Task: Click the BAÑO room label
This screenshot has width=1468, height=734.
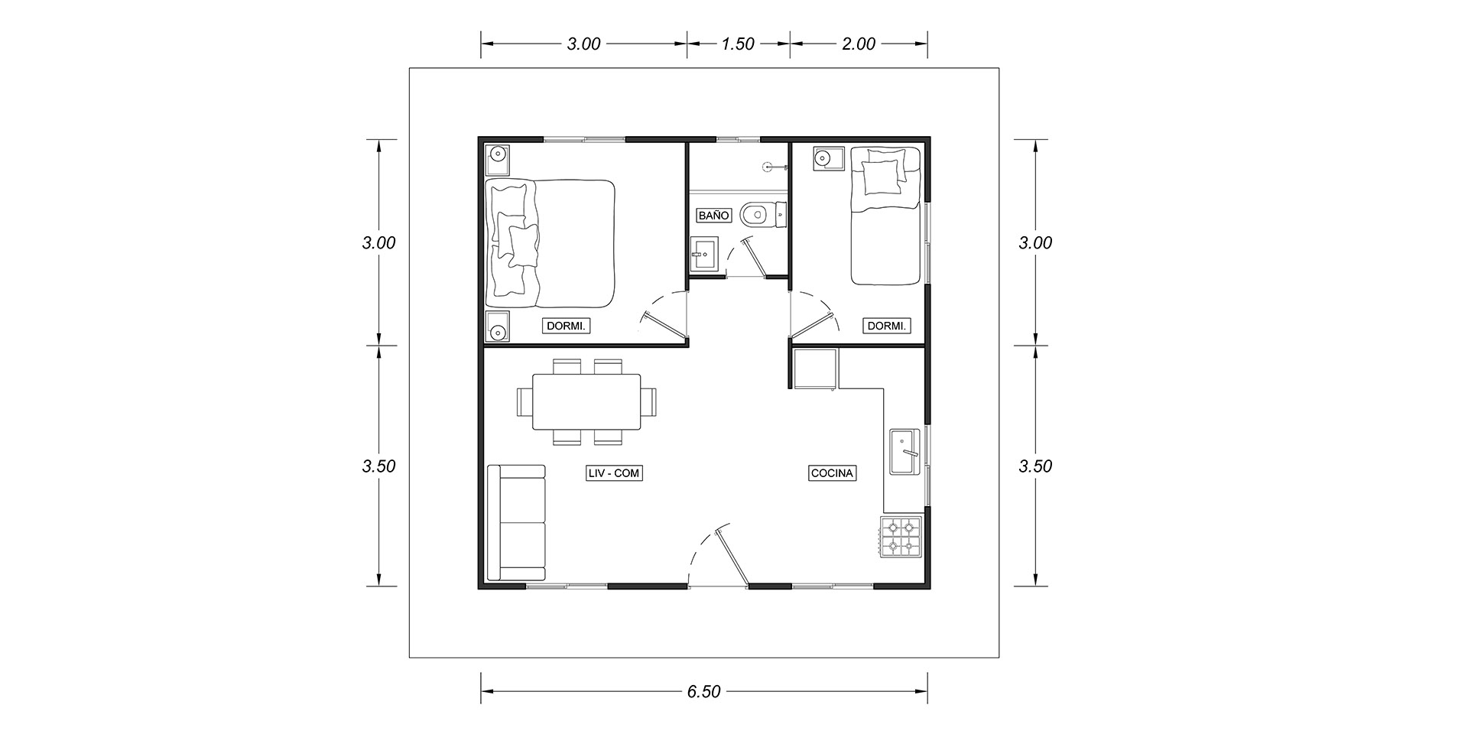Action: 714,216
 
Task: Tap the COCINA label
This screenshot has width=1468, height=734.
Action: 832,473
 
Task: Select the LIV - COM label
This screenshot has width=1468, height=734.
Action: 612,473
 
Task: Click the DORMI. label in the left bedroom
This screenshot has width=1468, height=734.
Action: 567,326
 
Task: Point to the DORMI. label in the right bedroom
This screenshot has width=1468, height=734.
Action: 887,326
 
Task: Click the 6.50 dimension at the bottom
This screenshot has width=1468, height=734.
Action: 703,692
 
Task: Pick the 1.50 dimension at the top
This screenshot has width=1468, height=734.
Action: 738,44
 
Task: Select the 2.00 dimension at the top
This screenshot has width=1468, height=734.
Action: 859,44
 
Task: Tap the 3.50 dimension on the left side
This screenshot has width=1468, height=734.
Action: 378,466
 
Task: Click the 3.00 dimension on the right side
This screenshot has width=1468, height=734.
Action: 1036,243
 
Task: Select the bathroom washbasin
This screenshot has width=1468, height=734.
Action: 703,254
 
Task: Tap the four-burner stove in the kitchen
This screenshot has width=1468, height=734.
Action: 901,536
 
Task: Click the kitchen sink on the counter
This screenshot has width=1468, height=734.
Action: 906,452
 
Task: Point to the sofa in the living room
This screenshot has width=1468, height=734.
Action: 516,522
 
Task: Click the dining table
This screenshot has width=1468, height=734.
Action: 586,401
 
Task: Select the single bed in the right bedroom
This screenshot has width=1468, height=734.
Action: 885,216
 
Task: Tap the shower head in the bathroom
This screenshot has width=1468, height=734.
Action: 768,166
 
